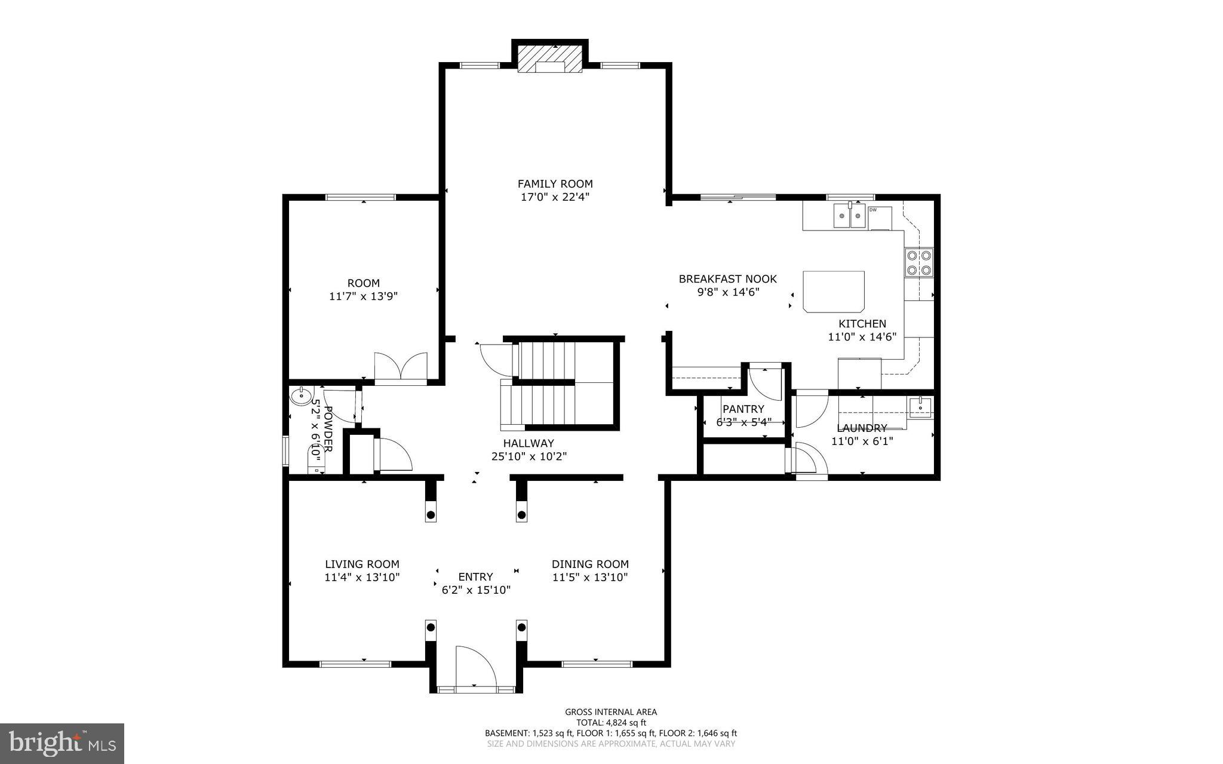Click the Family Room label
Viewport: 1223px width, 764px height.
[x=555, y=184]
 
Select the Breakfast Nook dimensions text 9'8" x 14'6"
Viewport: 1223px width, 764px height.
[x=727, y=292]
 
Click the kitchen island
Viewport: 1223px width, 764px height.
[x=834, y=291]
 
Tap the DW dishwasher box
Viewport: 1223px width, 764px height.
[x=880, y=217]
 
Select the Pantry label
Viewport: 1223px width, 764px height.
[x=743, y=409]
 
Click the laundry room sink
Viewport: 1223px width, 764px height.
[x=920, y=408]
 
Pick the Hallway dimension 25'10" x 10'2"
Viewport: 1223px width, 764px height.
[x=528, y=456]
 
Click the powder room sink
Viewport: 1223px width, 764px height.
[x=301, y=396]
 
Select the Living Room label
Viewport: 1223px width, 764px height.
[x=362, y=564]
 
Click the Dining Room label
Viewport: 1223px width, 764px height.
[x=590, y=564]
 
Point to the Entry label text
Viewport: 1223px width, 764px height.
[x=475, y=577]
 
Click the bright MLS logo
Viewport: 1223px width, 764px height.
[x=62, y=743]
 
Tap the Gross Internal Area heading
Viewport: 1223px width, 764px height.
[x=611, y=711]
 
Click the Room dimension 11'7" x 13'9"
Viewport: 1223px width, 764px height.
[x=363, y=296]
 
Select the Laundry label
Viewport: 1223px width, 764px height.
[x=862, y=428]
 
